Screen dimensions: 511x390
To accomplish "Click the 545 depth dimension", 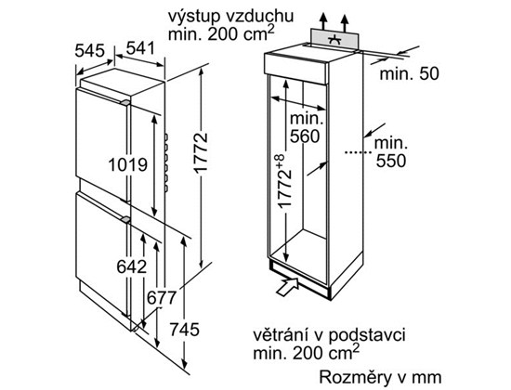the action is click(x=89, y=50).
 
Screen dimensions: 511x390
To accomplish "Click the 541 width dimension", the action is click(x=140, y=48).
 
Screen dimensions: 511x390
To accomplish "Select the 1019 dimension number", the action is click(x=128, y=165).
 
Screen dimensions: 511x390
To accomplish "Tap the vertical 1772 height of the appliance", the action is click(x=200, y=152).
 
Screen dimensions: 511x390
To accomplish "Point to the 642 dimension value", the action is click(x=132, y=267).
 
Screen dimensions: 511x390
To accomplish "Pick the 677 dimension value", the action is click(x=162, y=297).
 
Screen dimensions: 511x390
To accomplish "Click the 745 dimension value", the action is click(x=184, y=330).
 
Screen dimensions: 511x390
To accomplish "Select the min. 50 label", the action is click(x=410, y=74).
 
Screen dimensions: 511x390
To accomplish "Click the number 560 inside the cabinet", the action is click(x=305, y=136).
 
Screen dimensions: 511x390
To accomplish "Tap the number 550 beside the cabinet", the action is click(x=391, y=161).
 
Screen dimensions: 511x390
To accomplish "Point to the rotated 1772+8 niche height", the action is click(x=281, y=181).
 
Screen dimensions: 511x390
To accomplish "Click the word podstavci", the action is click(x=367, y=336).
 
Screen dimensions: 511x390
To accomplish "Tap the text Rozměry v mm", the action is click(x=380, y=377).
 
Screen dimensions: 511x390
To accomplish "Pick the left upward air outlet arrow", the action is click(x=323, y=22).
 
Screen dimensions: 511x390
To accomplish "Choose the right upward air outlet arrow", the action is click(x=345, y=23).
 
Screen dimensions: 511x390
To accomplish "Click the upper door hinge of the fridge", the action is click(x=125, y=102).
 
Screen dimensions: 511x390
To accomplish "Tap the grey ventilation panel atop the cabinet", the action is click(x=334, y=39).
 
